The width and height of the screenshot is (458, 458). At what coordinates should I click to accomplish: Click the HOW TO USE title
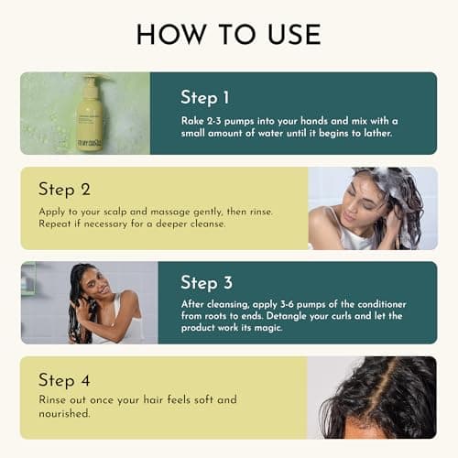tap(228, 34)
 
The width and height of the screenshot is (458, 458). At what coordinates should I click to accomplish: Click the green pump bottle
tap(90, 114)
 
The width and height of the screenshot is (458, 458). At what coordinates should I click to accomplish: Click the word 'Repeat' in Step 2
tap(57, 223)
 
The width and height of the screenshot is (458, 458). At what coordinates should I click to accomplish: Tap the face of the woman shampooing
tap(353, 207)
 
